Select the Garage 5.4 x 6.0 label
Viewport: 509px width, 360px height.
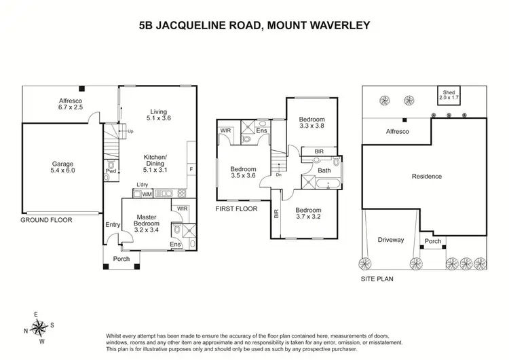(64, 167)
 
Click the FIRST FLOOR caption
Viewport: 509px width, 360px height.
(237, 209)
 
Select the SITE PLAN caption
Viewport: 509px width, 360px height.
(377, 278)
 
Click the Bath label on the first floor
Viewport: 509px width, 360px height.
(324, 170)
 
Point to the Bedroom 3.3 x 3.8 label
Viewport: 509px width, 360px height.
(313, 121)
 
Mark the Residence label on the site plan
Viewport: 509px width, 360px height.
(427, 177)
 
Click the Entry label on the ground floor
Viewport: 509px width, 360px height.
(113, 226)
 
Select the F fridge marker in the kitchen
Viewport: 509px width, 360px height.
(191, 168)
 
